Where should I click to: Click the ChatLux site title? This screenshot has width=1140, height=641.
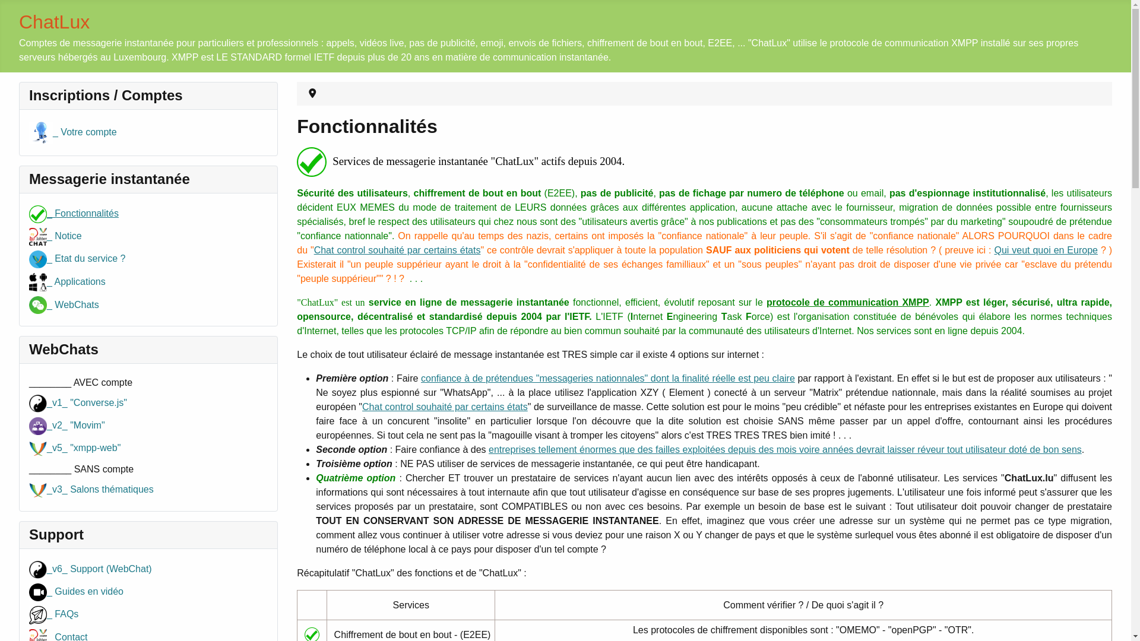coord(54,22)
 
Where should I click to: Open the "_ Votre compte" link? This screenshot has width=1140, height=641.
coord(84,132)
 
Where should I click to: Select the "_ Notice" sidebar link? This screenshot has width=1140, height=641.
coord(67,236)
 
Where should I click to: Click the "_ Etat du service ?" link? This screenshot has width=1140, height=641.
coord(89,259)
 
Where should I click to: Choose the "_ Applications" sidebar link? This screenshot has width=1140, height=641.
coord(79,282)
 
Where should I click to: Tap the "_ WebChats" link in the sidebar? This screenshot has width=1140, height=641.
coord(76,305)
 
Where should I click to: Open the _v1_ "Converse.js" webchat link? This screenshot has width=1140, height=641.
coord(89,403)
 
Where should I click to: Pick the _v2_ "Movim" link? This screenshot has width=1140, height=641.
coord(78,426)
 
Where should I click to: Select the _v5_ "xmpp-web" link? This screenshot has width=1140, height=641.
coord(86,448)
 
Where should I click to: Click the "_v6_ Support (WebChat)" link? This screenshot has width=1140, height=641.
coord(101,569)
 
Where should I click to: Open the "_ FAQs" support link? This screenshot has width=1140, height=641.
coord(65,614)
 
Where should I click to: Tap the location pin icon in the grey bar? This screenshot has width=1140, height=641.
coord(312,94)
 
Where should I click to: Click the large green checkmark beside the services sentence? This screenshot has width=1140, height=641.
coord(312,162)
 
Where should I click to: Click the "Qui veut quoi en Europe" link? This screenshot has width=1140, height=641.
coord(1046,250)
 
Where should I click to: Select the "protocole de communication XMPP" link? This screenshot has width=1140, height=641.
coord(847,303)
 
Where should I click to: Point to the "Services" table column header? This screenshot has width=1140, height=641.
coord(411,605)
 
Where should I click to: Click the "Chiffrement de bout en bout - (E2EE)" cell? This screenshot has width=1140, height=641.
coord(412,634)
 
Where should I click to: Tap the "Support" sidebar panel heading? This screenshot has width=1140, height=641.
coord(56,535)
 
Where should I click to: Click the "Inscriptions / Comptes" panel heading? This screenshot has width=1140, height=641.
coord(106,96)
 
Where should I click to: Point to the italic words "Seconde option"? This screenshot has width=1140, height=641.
coord(351,450)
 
